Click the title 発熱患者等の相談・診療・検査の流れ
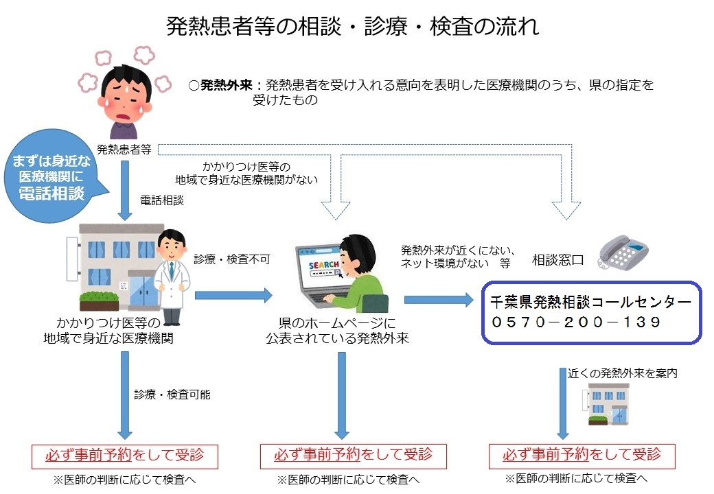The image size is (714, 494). (353, 26)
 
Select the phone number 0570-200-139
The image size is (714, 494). (576, 322)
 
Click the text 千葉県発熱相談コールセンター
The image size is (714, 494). (591, 301)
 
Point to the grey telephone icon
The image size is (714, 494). (621, 251)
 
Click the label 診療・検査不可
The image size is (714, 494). (232, 259)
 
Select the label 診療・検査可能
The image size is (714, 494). (172, 395)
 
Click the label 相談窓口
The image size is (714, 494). (557, 260)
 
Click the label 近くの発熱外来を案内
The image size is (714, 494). (623, 373)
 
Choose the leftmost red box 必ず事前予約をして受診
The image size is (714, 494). (124, 454)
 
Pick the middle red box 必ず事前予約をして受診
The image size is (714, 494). (353, 454)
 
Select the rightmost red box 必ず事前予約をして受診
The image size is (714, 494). (581, 454)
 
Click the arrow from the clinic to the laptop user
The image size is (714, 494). (233, 296)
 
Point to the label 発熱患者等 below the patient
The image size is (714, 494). (124, 149)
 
